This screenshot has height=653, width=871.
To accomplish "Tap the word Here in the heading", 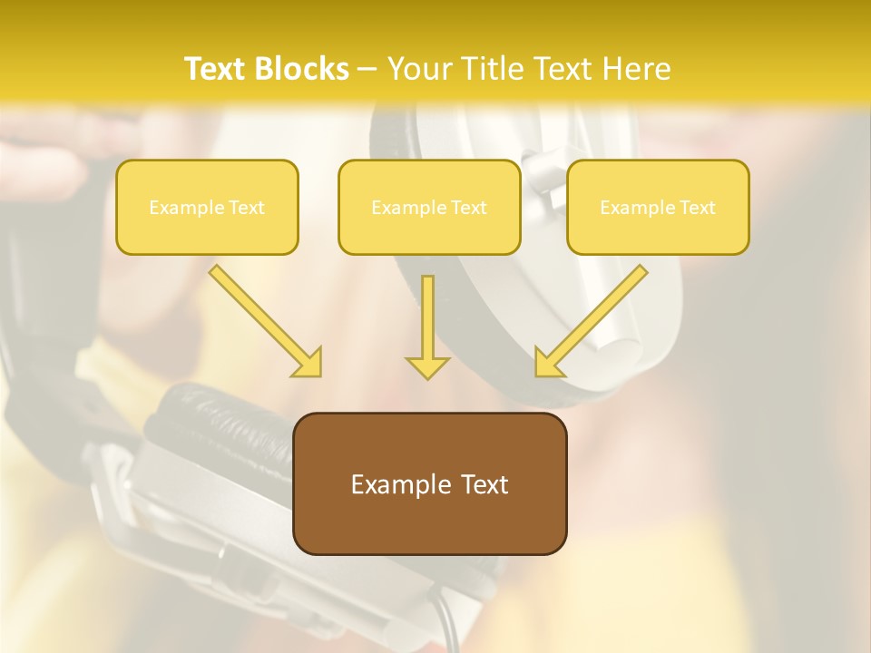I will pyautogui.click(x=639, y=69).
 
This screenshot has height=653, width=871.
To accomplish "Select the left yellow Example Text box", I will pyautogui.click(x=207, y=207).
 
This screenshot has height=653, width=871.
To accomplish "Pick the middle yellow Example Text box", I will pyautogui.click(x=429, y=207).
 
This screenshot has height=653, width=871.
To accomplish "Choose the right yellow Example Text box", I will pyautogui.click(x=658, y=207).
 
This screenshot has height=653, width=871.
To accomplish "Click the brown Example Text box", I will pyautogui.click(x=429, y=483).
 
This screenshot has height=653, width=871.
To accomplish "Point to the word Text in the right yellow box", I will pyautogui.click(x=697, y=208).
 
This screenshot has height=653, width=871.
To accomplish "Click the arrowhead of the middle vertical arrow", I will pyautogui.click(x=427, y=366).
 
